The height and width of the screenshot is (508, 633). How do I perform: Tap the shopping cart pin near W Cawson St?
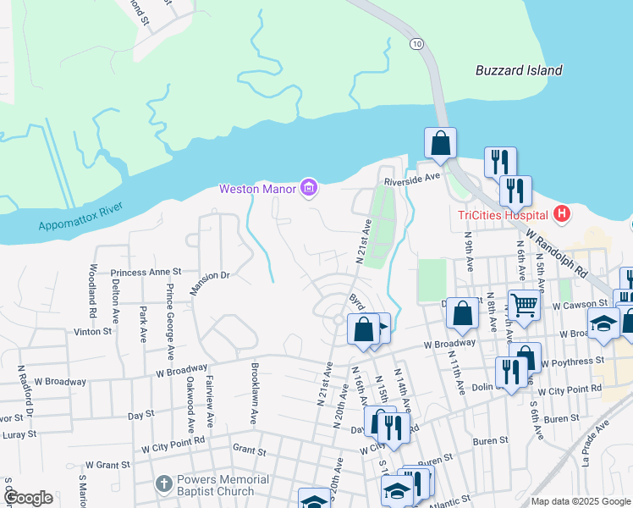click(x=524, y=304)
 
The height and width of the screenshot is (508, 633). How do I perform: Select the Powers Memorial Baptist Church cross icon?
click(x=164, y=485)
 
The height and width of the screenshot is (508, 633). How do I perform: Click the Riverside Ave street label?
click(x=413, y=179)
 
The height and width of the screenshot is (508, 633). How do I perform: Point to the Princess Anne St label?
click(x=146, y=272)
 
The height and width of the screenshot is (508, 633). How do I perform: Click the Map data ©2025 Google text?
click(x=580, y=501)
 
